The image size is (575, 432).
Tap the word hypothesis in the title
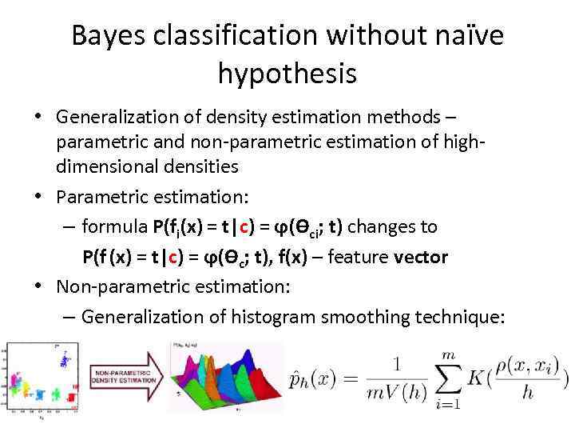tap(287, 74)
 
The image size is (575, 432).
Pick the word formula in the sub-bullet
tap(114, 227)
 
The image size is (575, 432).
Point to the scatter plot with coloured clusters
tap(42, 379)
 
